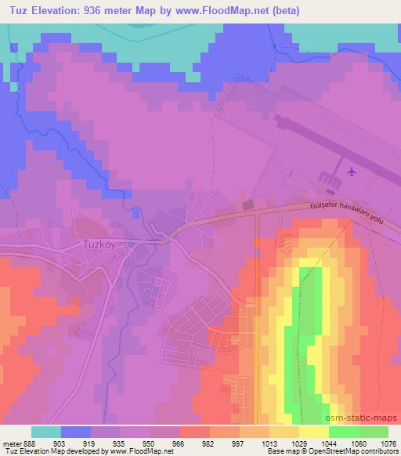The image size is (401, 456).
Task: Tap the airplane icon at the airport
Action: click(350, 170)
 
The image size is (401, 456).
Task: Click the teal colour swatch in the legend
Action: click(46, 432)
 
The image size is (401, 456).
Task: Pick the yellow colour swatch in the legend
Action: click(314, 432)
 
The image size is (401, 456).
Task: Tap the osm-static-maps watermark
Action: click(366, 418)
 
